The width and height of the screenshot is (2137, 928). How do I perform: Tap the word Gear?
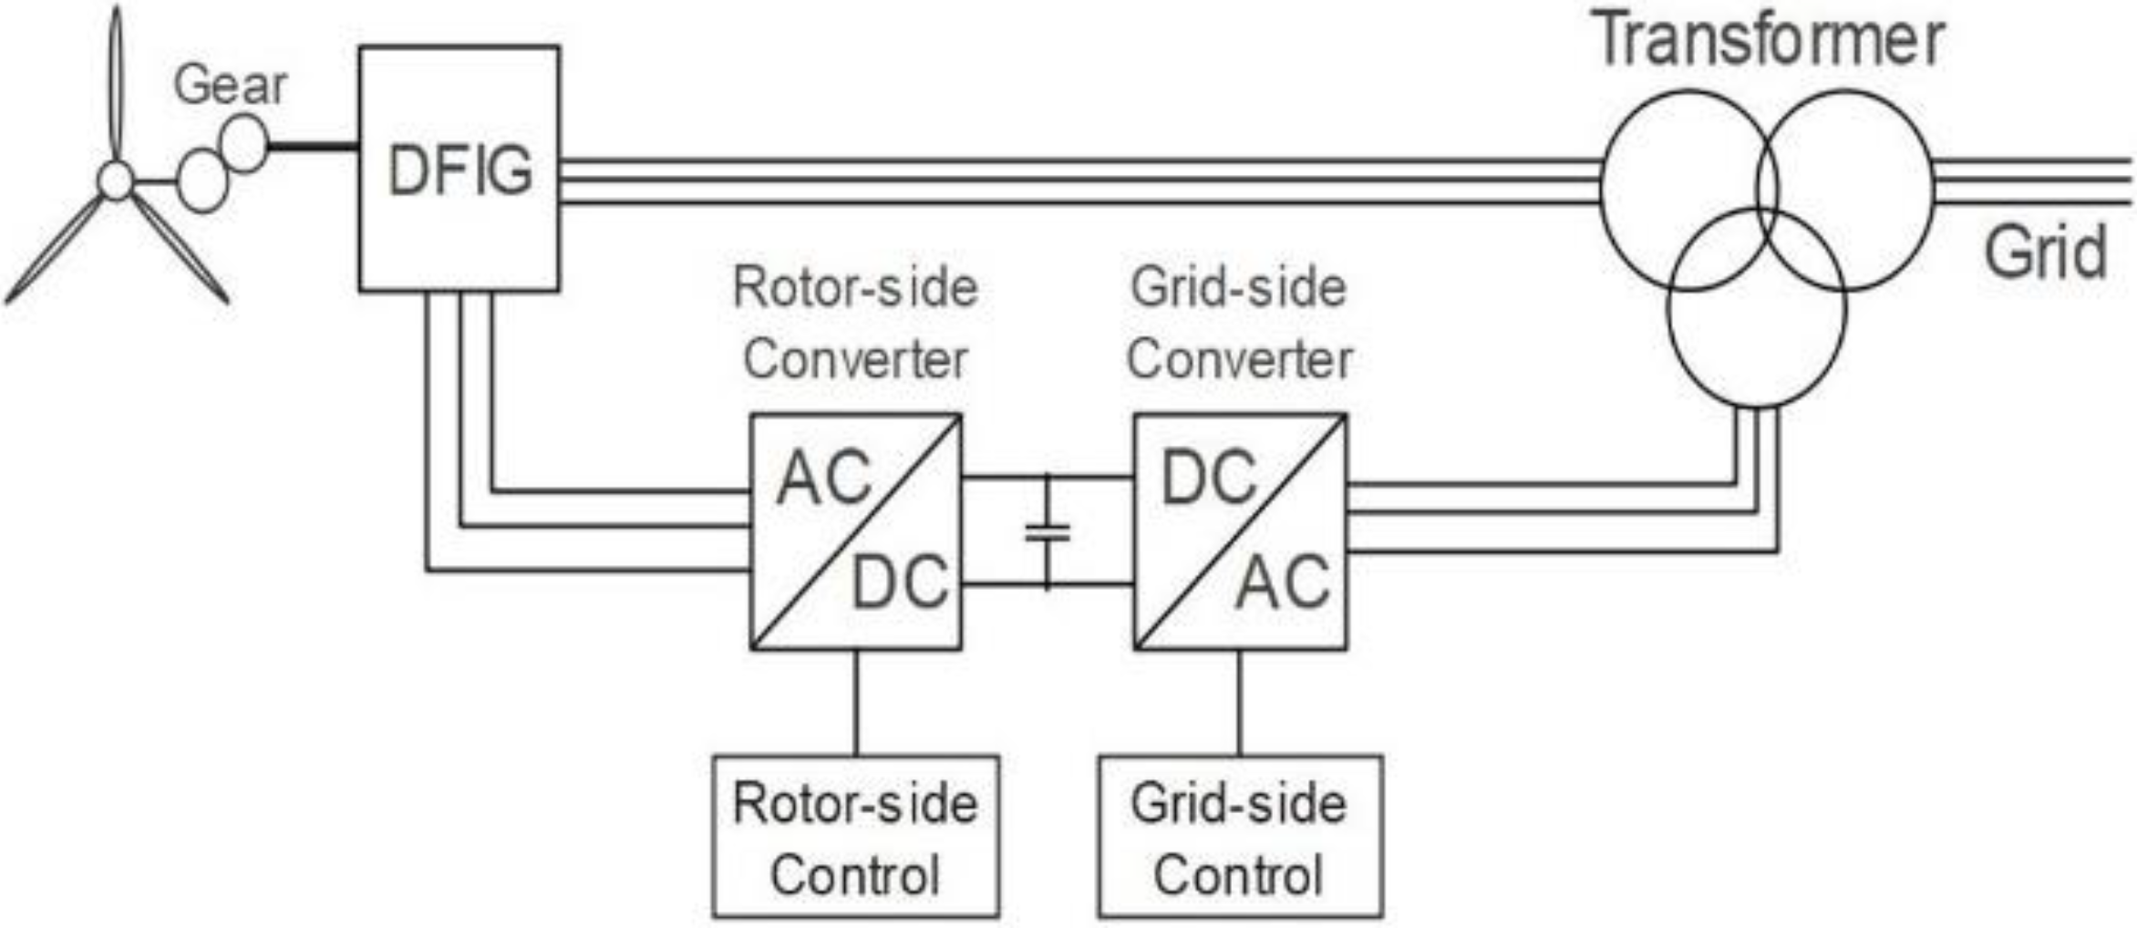click(230, 85)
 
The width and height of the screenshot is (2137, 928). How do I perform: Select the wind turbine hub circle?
click(116, 180)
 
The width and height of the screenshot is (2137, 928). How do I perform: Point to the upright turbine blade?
click(115, 82)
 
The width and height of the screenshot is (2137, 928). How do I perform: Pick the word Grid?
click(2046, 252)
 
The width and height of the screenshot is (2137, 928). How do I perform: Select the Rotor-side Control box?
click(855, 836)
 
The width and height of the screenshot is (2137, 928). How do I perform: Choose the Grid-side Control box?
click(1240, 836)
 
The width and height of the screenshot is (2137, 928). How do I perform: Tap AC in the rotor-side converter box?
click(823, 478)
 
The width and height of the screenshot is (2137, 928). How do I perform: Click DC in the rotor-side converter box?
click(900, 583)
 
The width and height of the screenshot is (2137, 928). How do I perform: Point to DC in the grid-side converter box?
click(1208, 478)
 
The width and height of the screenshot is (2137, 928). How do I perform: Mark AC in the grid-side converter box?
click(1283, 583)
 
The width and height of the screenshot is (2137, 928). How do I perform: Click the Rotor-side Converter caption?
click(855, 323)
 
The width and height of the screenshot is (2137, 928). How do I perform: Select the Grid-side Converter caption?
click(1239, 323)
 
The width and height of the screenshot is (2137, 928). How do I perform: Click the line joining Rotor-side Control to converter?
click(855, 703)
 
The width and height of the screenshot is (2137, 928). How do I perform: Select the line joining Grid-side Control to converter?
click(1239, 703)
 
